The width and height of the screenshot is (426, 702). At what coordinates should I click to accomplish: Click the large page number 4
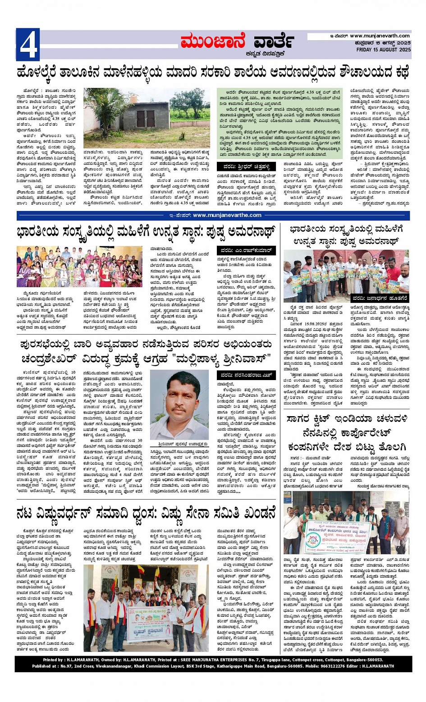[27, 44]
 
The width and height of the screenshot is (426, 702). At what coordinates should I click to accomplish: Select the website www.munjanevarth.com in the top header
[380, 36]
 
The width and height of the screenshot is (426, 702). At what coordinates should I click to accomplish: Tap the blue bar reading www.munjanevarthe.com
[227, 215]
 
